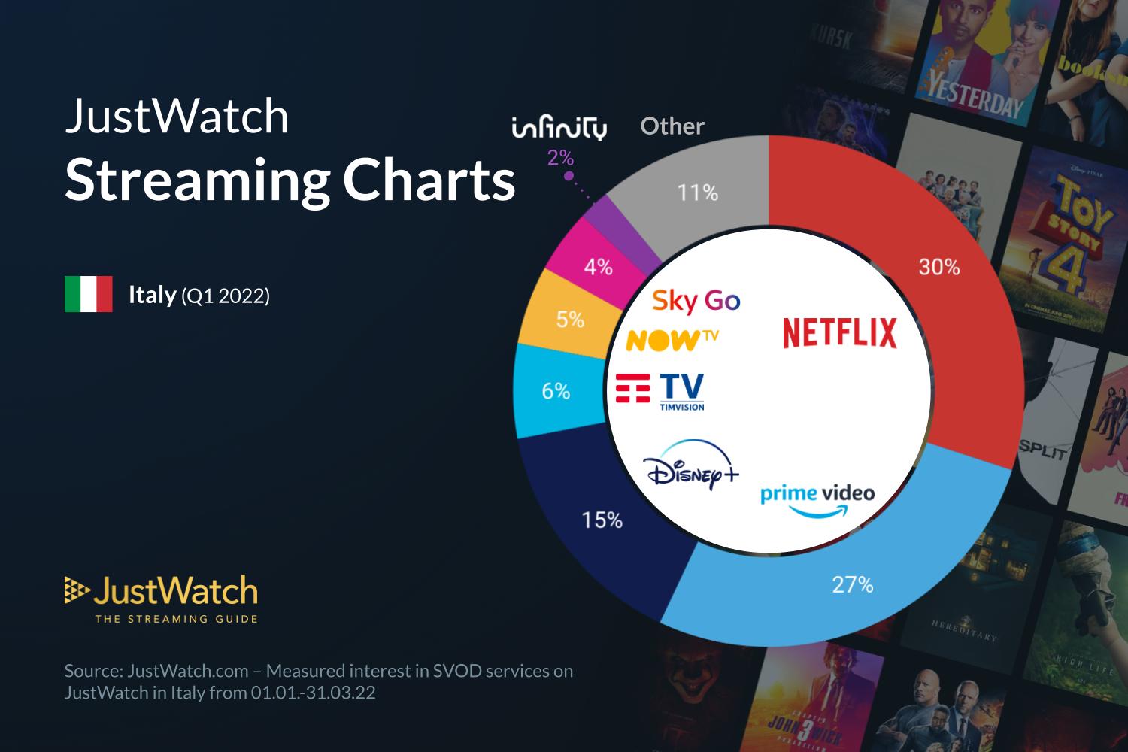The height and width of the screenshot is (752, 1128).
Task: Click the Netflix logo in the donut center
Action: (839, 333)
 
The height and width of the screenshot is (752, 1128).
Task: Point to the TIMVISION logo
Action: (660, 392)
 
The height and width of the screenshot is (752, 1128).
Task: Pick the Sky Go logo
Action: (696, 301)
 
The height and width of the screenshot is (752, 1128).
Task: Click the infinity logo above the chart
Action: (559, 128)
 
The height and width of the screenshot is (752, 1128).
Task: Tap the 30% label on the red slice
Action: (938, 267)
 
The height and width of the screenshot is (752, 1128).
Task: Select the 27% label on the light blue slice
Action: (852, 584)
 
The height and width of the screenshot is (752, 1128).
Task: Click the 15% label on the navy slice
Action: (602, 520)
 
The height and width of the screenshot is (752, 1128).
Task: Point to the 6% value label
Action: (556, 391)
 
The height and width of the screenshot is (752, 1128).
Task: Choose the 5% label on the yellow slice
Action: (570, 320)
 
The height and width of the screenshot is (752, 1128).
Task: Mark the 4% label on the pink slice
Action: (599, 267)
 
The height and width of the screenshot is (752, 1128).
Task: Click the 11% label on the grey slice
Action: (698, 193)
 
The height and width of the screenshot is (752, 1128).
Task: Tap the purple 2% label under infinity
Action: (560, 158)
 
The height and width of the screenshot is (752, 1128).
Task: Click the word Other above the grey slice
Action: (672, 126)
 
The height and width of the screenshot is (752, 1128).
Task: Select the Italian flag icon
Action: (89, 294)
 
